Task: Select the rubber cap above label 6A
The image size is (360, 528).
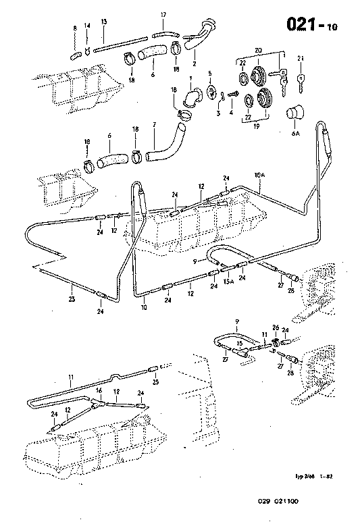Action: (x=296, y=115)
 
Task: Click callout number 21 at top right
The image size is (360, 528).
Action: (x=300, y=59)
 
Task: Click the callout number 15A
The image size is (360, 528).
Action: (x=228, y=281)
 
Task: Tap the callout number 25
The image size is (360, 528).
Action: (x=155, y=382)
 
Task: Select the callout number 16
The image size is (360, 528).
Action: (x=99, y=391)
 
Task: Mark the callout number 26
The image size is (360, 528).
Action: (x=276, y=327)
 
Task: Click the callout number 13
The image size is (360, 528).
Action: (x=104, y=22)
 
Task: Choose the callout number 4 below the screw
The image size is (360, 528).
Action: (x=231, y=112)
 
